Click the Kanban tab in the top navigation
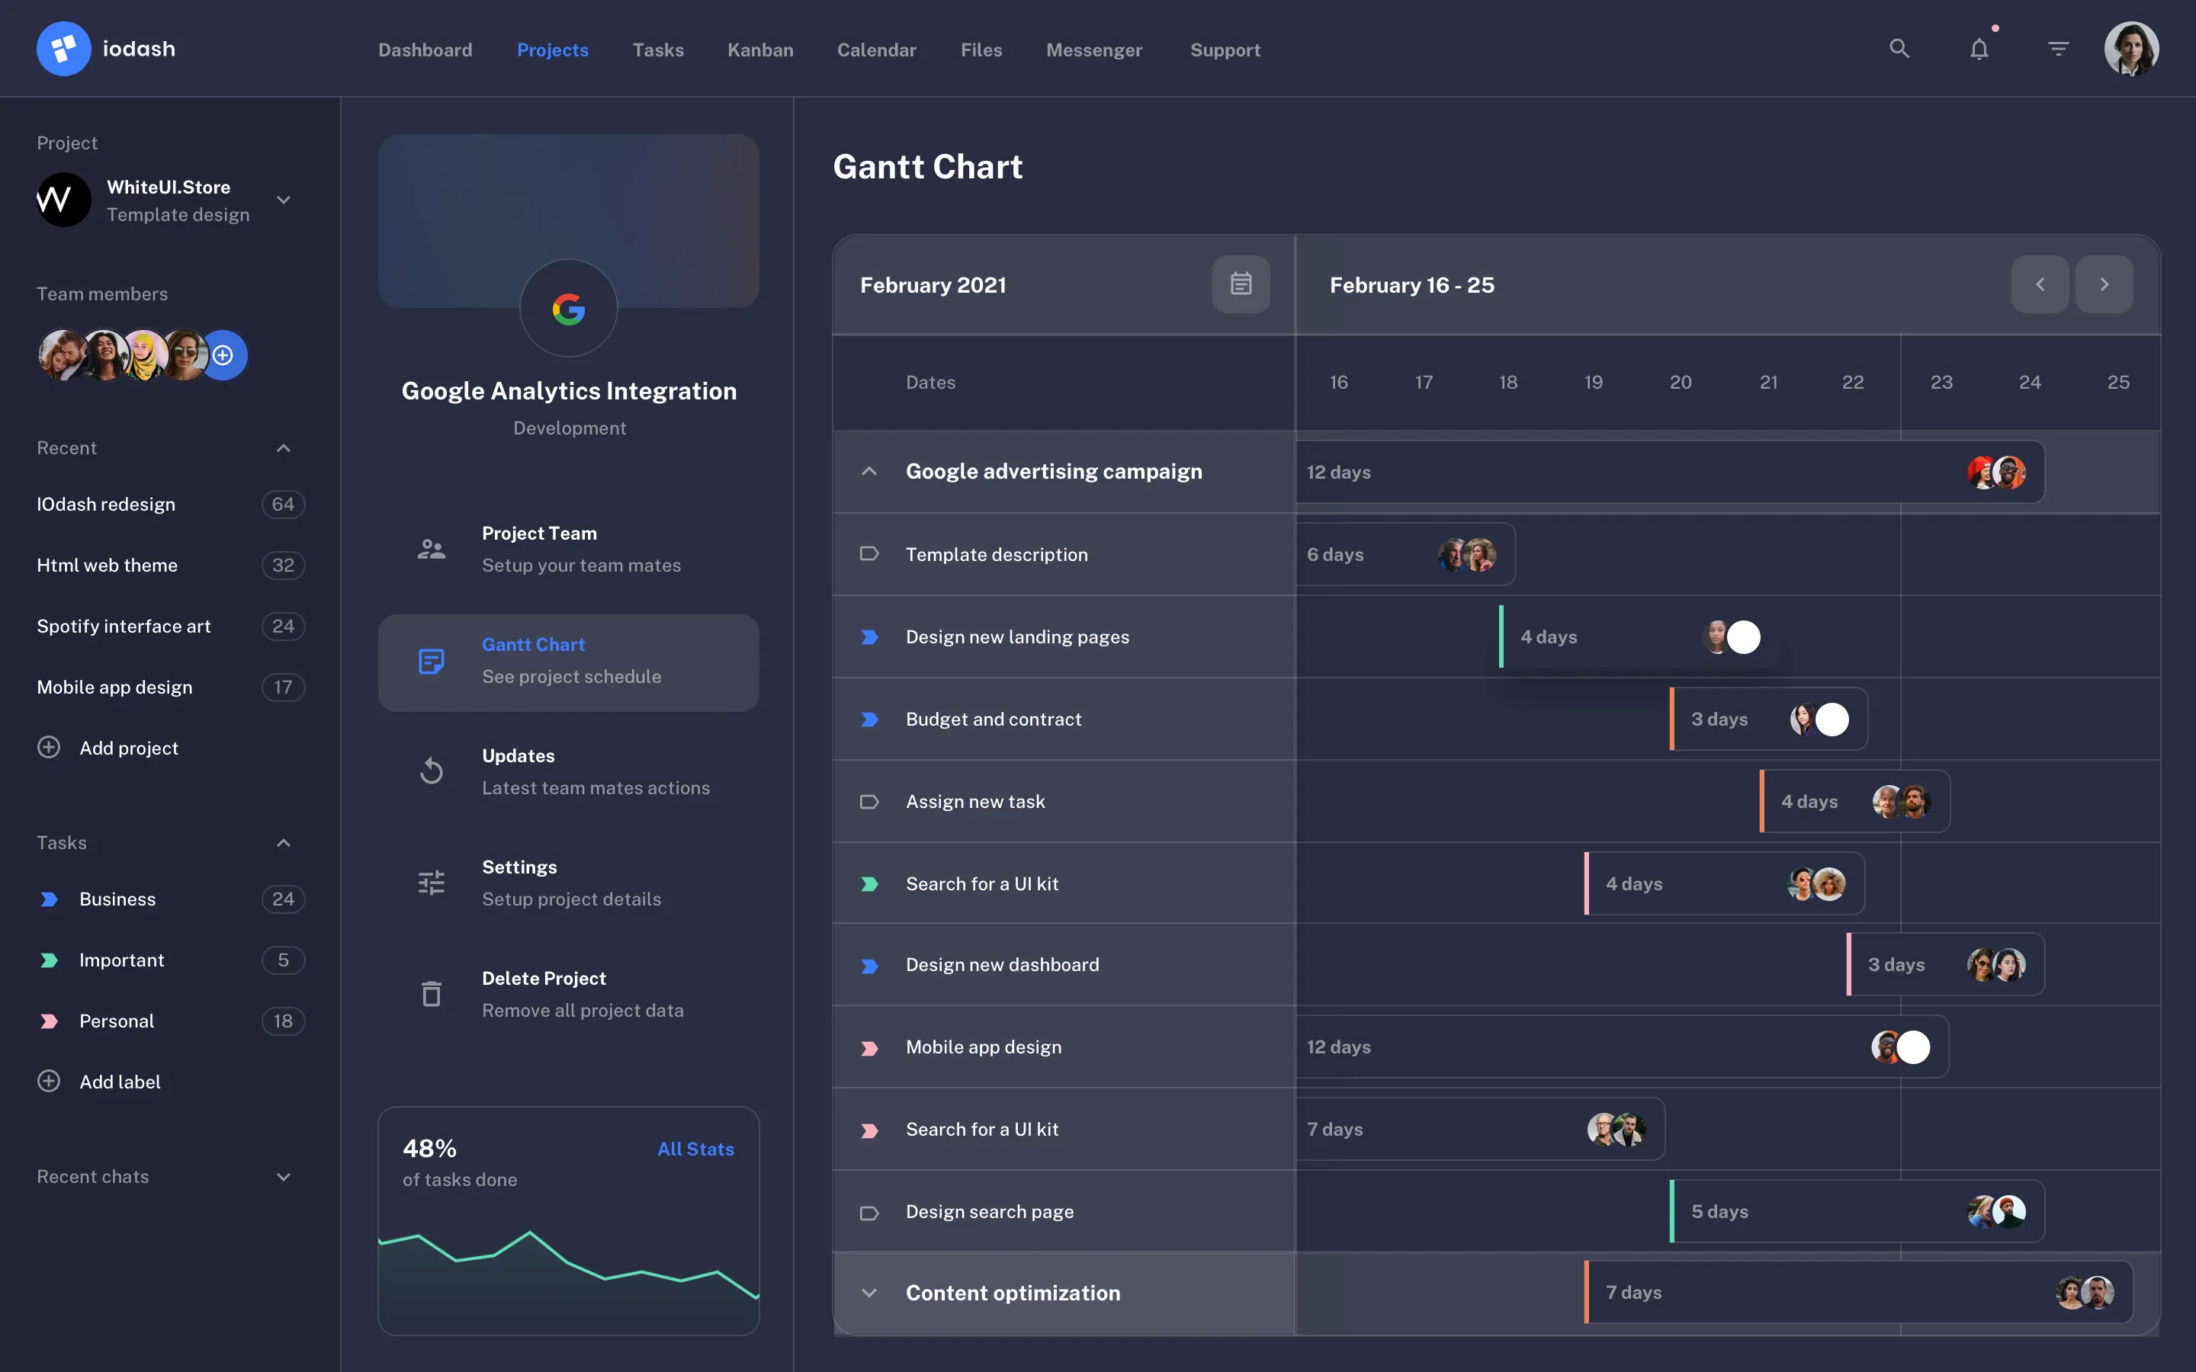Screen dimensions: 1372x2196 pyautogui.click(x=759, y=50)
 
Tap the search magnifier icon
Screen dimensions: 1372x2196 pyautogui.click(x=1899, y=49)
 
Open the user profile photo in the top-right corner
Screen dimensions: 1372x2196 pyautogui.click(x=2130, y=49)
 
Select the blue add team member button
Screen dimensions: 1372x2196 pyautogui.click(x=223, y=354)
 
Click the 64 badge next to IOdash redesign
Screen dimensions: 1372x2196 pyautogui.click(x=283, y=505)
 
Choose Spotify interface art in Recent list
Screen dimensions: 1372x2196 pyautogui.click(x=124, y=626)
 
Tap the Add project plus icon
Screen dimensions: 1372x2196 pyautogui.click(x=49, y=748)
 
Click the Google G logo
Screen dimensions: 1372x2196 pyautogui.click(x=569, y=309)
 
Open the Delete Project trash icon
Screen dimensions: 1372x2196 pyautogui.click(x=432, y=995)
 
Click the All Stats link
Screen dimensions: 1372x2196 pyautogui.click(x=695, y=1149)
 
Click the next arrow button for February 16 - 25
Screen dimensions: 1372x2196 pyautogui.click(x=2104, y=285)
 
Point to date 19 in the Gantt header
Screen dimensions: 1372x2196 pyautogui.click(x=1593, y=382)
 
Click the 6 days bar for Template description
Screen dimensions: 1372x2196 pyautogui.click(x=1405, y=554)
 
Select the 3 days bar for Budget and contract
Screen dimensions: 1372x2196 pyautogui.click(x=1767, y=720)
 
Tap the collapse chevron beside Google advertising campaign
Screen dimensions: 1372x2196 pyautogui.click(x=869, y=472)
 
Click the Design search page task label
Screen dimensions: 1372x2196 pyautogui.click(x=989, y=1211)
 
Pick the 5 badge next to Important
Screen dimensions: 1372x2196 pyautogui.click(x=283, y=960)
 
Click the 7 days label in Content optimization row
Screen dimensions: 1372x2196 pyautogui.click(x=1633, y=1292)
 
